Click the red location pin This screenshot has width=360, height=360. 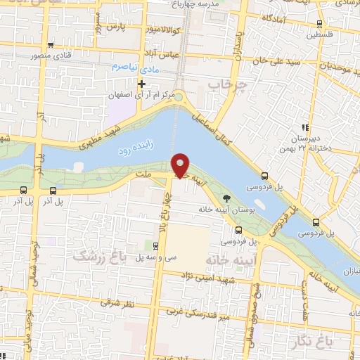[181, 165]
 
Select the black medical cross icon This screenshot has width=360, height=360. [143, 83]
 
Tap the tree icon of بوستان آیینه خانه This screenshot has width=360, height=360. [226, 198]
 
